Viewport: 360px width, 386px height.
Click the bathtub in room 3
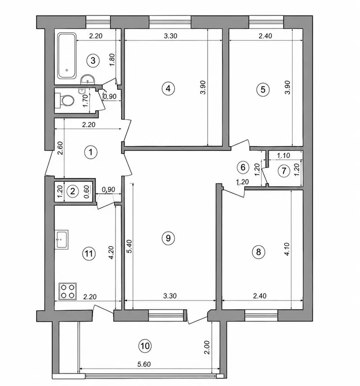[x=67, y=56]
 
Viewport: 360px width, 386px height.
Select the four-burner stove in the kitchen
[x=68, y=291]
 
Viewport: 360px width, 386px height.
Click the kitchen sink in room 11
[x=62, y=240]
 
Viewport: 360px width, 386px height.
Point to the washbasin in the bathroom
[x=87, y=80]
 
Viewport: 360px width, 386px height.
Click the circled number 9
[x=168, y=238]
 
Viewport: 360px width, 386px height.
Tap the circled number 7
[x=284, y=171]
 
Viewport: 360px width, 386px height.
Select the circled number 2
[x=72, y=191]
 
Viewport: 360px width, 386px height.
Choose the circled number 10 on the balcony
[x=145, y=346]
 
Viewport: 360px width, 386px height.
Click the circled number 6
[x=243, y=167]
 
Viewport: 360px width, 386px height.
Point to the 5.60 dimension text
[x=144, y=364]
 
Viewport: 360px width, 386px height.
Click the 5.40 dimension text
[x=130, y=246]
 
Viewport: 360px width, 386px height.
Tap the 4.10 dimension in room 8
[x=287, y=249]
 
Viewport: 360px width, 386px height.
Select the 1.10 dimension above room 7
[x=283, y=155]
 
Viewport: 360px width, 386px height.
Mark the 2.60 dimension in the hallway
[x=60, y=148]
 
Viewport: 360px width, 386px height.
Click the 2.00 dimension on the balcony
[x=207, y=347]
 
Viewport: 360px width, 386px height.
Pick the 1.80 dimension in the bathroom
[x=112, y=59]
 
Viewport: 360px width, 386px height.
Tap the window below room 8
[x=261, y=316]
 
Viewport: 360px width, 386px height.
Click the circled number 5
[x=263, y=89]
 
